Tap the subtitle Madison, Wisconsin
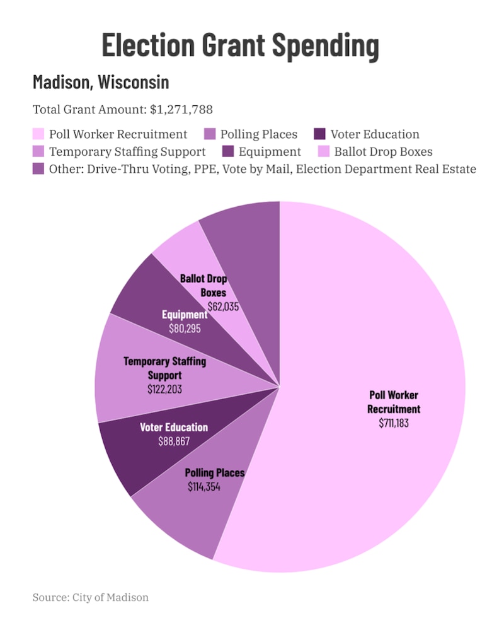(101, 82)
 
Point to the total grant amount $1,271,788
(181, 110)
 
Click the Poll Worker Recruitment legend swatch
(38, 134)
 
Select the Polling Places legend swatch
(210, 134)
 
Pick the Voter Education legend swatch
(319, 134)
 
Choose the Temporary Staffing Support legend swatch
(38, 152)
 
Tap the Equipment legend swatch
(227, 152)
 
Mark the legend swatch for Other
(38, 169)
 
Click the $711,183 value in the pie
(394, 423)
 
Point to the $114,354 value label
(204, 486)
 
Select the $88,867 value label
(174, 441)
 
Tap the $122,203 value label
(164, 389)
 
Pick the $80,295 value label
(185, 329)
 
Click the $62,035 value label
(224, 307)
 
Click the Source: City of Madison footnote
(91, 597)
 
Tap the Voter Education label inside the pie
(174, 428)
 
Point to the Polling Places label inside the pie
(215, 472)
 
